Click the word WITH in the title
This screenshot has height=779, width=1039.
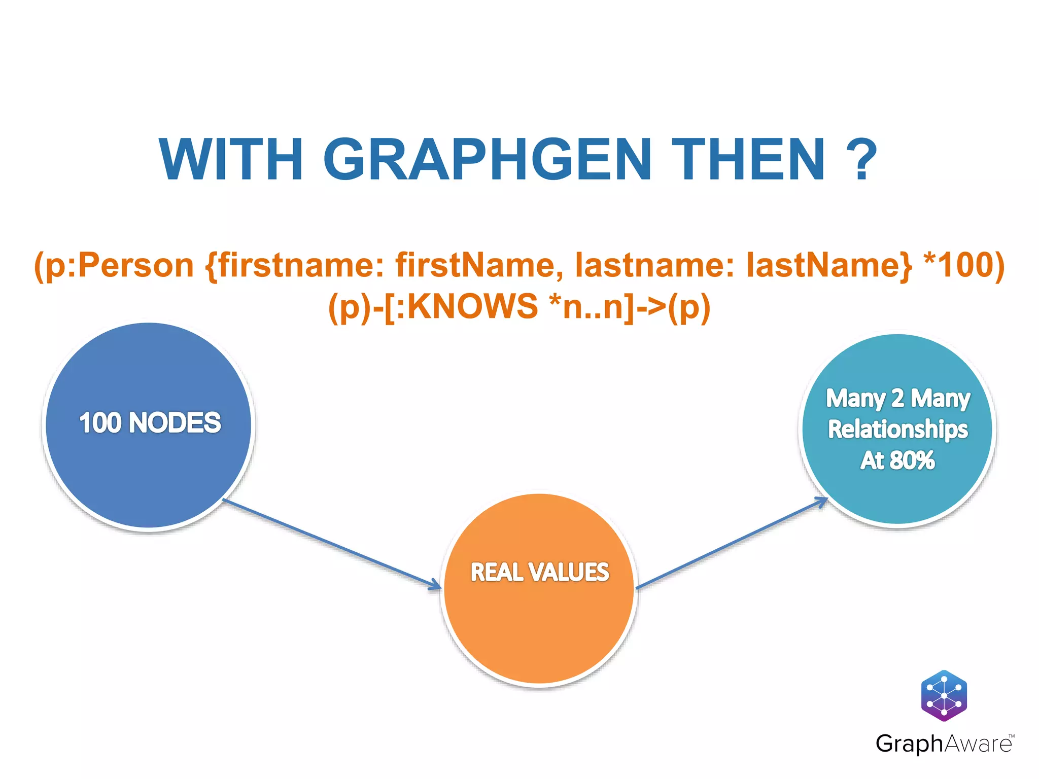[231, 160]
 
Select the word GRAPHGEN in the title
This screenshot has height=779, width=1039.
[487, 160]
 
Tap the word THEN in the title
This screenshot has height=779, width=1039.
[748, 160]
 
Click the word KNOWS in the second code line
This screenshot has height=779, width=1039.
[472, 306]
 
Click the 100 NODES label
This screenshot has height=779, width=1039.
[150, 422]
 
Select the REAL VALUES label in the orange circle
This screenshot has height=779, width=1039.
[539, 572]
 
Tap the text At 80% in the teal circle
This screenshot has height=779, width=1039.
[897, 461]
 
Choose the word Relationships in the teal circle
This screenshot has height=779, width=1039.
[897, 430]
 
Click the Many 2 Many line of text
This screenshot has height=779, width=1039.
[897, 398]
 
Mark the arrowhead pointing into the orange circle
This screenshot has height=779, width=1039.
[435, 586]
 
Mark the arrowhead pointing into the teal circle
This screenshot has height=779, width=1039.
[822, 501]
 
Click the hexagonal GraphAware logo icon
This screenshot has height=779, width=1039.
[943, 696]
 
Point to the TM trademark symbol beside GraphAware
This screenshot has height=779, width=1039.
[1011, 735]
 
